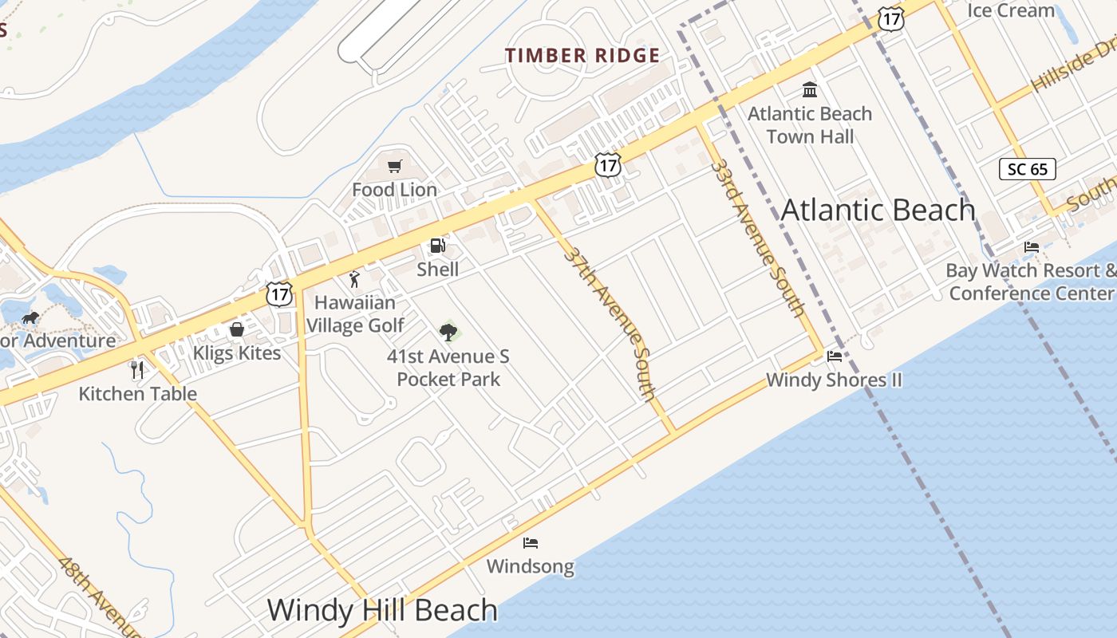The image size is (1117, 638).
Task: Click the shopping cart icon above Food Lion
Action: (394, 166)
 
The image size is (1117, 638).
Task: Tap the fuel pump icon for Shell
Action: (437, 246)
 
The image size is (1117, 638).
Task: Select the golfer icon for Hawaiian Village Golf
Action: (355, 279)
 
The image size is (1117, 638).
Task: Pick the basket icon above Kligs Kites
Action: (237, 329)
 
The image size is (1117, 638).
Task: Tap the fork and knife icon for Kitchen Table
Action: (137, 369)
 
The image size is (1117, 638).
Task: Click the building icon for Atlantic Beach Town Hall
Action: (810, 89)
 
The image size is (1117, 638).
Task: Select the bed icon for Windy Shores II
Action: (835, 356)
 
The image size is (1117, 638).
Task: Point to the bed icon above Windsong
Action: (531, 543)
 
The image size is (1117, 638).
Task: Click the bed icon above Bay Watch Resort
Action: (1032, 246)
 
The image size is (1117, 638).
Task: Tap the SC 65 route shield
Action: (1028, 169)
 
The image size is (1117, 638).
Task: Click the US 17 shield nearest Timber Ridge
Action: (608, 165)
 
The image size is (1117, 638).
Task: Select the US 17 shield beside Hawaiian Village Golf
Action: (279, 293)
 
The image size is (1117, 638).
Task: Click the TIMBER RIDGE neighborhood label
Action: (582, 56)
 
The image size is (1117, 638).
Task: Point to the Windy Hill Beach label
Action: (382, 610)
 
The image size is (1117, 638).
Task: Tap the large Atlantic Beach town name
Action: (878, 210)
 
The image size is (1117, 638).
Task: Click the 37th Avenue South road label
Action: (610, 323)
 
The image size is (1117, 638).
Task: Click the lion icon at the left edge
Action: (30, 318)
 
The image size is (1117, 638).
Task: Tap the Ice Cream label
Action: (1011, 10)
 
